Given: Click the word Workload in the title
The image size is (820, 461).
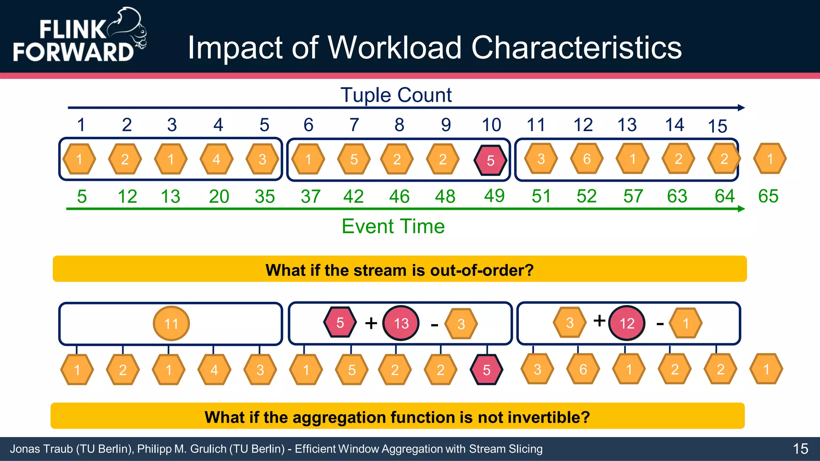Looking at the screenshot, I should point(395,48).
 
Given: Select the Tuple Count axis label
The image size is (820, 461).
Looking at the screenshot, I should point(396,95).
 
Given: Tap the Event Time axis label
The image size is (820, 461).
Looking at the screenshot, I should point(393,226).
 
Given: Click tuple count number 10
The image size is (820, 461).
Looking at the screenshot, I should point(491,125).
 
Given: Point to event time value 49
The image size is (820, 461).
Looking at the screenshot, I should point(494,196).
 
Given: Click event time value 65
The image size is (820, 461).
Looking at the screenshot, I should point(768,196).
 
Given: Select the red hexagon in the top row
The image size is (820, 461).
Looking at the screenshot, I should point(490,160).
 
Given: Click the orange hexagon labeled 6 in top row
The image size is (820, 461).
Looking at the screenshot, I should point(587,159).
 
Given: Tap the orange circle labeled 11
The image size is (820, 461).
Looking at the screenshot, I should point(171,323).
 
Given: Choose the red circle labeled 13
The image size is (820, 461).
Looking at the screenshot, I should point(401,323).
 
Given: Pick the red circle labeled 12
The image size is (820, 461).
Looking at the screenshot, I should point(627,323).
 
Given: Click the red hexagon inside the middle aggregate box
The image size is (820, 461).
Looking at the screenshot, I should point(340,322).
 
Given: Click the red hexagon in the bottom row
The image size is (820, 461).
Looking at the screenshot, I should point(486,370).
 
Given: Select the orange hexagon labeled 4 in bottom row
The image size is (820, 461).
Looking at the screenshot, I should point(214,370).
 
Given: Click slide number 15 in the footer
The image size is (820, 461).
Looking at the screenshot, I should point(800,449).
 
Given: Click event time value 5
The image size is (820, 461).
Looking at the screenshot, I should point(82,196).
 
